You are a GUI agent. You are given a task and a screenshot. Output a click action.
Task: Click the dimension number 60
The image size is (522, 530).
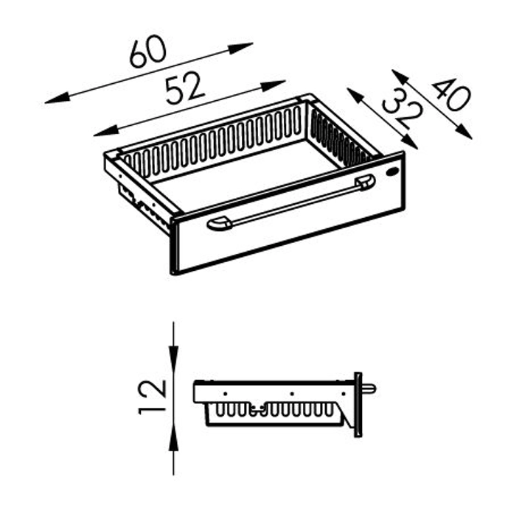tap(148, 52)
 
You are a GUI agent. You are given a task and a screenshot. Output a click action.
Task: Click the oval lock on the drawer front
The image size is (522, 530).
tap(392, 172)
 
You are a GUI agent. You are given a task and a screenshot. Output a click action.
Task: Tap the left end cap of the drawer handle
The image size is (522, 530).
tap(219, 224)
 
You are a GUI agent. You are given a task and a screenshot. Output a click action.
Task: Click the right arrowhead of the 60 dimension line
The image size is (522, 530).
tap(240, 48)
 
